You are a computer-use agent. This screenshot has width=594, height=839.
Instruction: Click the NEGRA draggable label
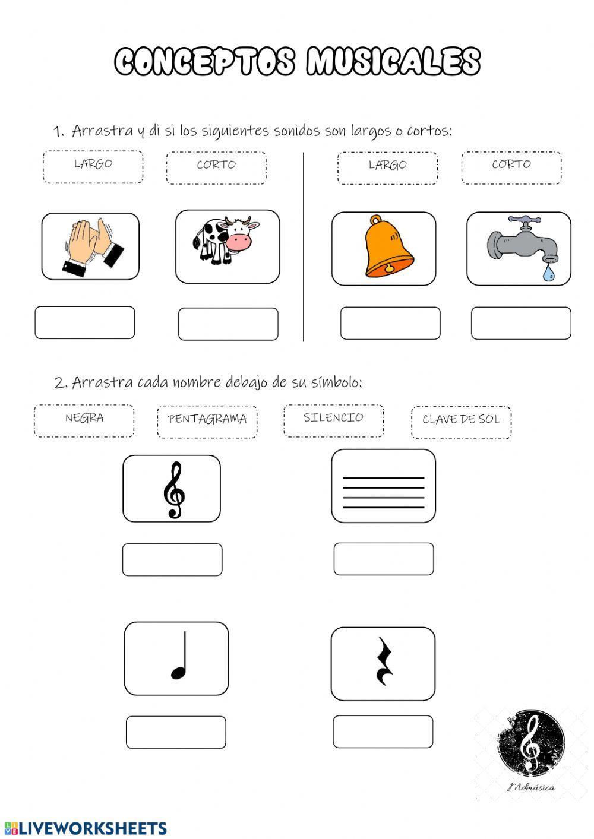click(84, 419)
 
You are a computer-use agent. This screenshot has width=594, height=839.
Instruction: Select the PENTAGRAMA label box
click(207, 420)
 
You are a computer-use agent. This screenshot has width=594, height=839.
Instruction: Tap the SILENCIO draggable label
click(333, 419)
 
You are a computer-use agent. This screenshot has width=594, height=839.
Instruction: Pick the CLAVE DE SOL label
click(461, 421)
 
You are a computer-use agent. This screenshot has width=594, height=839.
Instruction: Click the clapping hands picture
click(91, 247)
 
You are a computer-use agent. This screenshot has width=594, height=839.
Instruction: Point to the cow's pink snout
click(241, 241)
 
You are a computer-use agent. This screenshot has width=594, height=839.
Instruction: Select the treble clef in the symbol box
click(173, 489)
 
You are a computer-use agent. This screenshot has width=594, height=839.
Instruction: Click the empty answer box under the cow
click(228, 324)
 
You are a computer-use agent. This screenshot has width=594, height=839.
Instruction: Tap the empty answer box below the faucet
click(521, 323)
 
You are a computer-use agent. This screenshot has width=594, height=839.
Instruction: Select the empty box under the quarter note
click(176, 732)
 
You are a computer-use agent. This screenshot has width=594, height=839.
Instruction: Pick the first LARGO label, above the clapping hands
click(93, 166)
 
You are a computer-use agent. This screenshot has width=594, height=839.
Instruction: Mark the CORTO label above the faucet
click(511, 166)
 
